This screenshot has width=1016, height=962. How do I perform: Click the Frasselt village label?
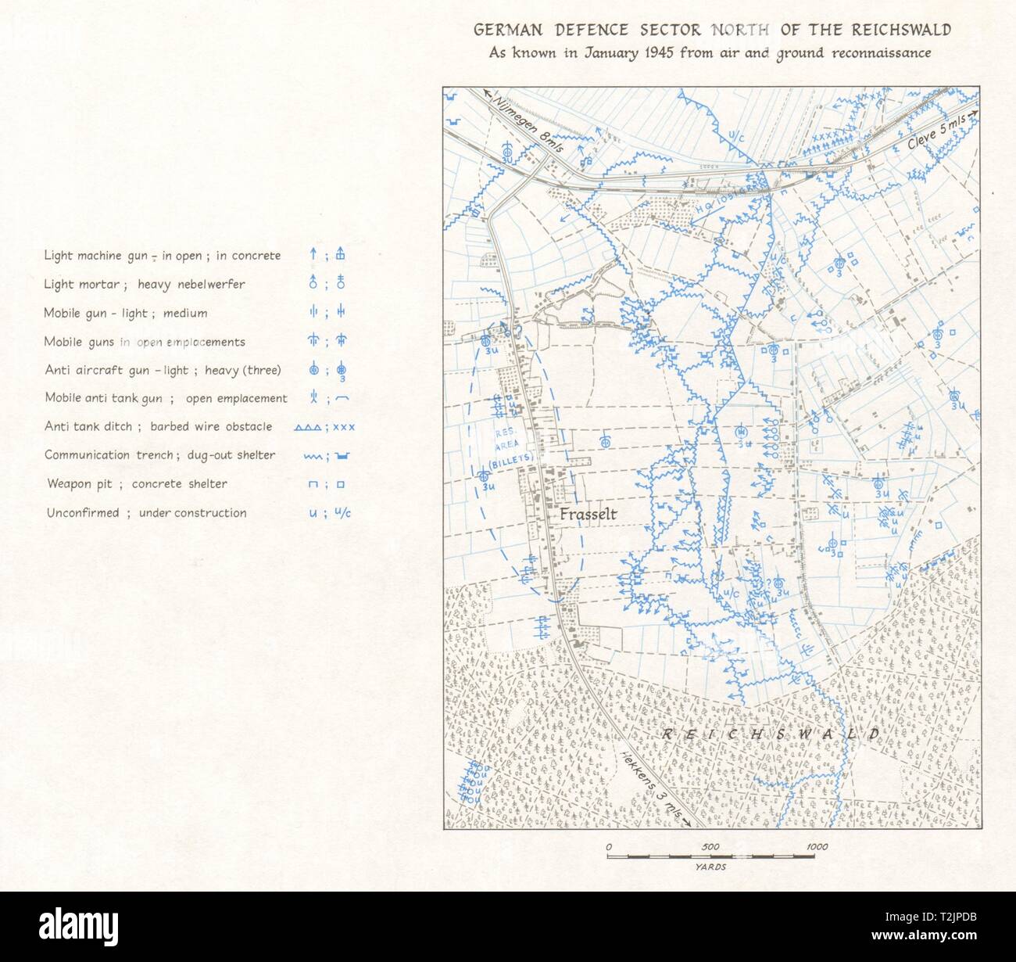[588, 515]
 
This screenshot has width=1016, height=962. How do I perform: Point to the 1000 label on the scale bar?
[817, 847]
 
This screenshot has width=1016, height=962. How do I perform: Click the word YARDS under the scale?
[711, 867]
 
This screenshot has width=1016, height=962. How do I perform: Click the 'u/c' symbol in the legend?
[342, 513]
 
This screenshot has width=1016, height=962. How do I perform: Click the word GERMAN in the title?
[506, 31]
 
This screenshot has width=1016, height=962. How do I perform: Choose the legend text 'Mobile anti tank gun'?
[103, 398]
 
